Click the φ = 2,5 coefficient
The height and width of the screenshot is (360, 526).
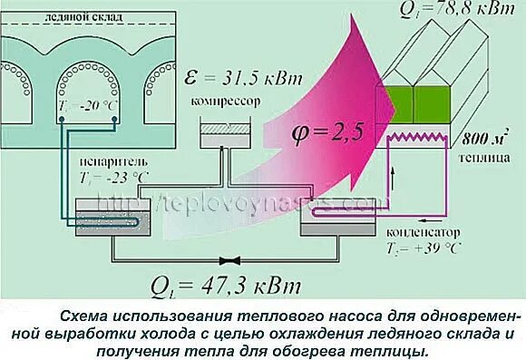coord(327,132)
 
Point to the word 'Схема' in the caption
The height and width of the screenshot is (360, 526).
coord(84,316)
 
